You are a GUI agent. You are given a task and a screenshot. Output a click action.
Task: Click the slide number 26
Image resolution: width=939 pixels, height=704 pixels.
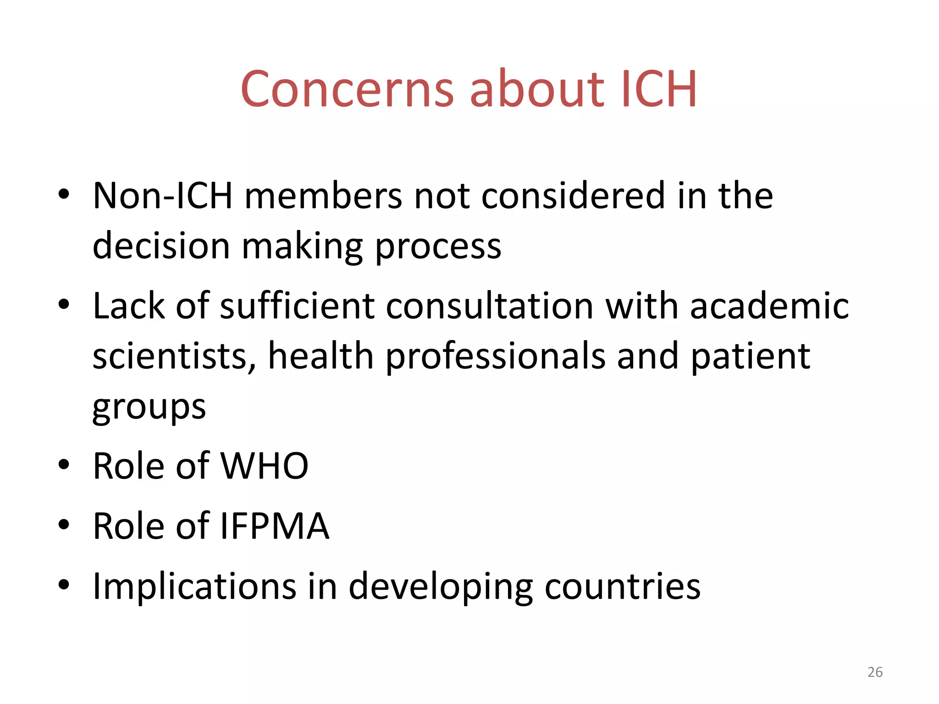point(875,672)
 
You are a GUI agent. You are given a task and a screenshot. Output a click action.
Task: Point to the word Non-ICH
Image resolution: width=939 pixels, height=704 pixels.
point(163,196)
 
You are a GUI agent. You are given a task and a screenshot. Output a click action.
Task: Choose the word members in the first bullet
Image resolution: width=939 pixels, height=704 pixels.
point(323,196)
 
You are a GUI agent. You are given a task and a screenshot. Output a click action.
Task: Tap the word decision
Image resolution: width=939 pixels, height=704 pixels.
point(161,246)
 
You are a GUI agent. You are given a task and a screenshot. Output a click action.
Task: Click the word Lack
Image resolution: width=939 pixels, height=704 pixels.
point(128,306)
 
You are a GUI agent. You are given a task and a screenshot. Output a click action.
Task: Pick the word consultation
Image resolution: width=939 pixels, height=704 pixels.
point(490,306)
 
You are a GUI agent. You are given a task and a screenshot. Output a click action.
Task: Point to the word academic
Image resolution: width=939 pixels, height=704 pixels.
point(769,306)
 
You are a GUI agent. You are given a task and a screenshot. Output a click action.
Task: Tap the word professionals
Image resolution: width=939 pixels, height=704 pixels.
point(496,356)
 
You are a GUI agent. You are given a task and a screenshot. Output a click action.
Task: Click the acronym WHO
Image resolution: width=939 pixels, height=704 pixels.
point(265,466)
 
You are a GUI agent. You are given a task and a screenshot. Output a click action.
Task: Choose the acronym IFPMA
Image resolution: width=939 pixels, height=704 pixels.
point(275,526)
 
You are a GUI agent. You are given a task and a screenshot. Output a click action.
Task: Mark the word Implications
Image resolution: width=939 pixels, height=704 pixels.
point(194,586)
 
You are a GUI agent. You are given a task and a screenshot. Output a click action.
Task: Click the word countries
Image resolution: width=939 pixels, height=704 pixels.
point(622,586)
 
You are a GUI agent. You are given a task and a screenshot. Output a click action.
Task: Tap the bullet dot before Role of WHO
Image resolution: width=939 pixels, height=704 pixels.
point(64,465)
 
